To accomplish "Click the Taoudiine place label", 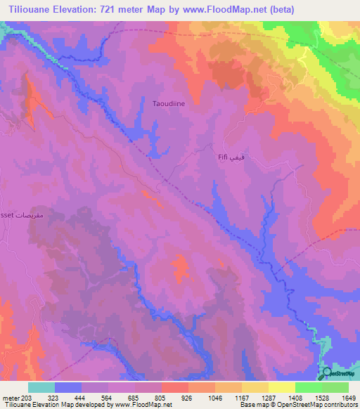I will pos(169,103).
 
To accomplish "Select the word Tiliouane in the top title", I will pos(27,9).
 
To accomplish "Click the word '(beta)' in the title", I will pos(278,9).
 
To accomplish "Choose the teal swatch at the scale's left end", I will pos(41,387).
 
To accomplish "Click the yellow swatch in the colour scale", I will pos(281,387).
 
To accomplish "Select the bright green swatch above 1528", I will pos(308,387).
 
